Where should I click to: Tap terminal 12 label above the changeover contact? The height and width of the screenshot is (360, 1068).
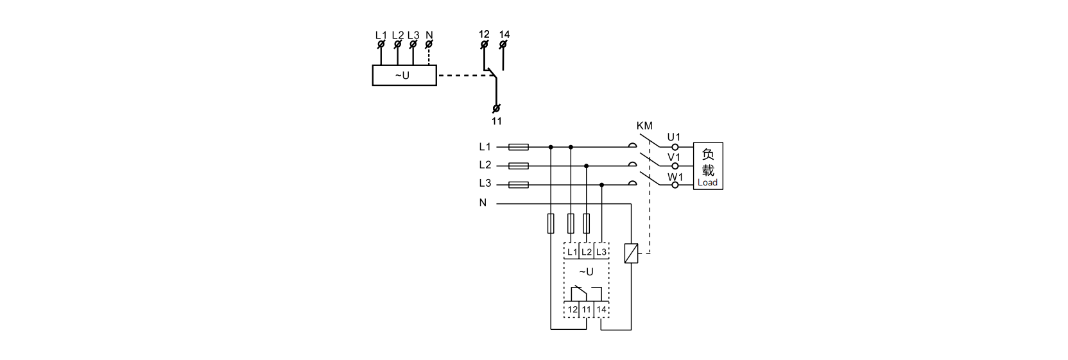point(484,34)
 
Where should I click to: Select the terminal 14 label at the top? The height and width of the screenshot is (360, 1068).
point(504,34)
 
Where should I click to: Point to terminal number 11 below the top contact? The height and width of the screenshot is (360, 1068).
point(497,121)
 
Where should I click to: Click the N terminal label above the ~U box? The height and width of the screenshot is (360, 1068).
point(429,35)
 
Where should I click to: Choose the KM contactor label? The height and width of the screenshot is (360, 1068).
point(644,126)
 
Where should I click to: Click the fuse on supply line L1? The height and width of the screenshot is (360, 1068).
point(518,147)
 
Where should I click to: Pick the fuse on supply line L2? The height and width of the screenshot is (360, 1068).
point(518,166)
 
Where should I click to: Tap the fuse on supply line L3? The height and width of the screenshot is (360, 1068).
point(518,185)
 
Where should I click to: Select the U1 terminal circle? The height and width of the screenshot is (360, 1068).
point(675,148)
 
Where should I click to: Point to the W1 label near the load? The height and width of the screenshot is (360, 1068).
point(675,177)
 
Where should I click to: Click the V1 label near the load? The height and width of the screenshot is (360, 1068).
point(674,157)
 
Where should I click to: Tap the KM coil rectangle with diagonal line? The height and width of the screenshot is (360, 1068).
point(632,253)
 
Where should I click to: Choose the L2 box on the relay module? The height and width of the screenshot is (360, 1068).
point(587,252)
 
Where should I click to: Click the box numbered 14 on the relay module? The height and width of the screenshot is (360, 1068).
point(601,309)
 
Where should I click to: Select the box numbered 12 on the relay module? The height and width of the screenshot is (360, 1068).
point(572,309)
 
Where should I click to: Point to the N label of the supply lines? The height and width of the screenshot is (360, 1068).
point(483,203)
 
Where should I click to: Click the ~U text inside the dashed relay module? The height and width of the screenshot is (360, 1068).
point(587,272)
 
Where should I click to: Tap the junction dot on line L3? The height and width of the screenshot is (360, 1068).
point(601,185)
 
